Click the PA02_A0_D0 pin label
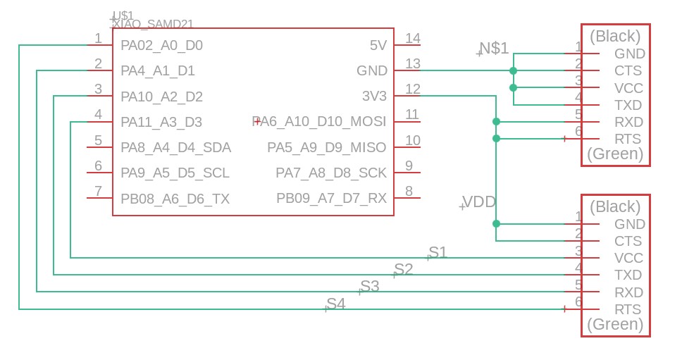point(161,46)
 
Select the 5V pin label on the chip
point(378,46)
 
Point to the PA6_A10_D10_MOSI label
point(320,122)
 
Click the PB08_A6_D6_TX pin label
point(175,199)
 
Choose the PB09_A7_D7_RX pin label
point(331,199)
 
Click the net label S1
point(438,252)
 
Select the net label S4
point(336,304)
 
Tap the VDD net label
point(479,202)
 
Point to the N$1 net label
point(494,49)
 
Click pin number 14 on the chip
point(413,38)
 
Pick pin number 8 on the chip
point(409,191)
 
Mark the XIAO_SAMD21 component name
point(153,23)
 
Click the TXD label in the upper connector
point(628,105)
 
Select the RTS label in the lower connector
point(628,310)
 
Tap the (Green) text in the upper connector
point(615,154)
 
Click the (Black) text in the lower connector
point(615,206)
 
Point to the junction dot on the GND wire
point(513,71)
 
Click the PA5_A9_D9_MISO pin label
point(326,148)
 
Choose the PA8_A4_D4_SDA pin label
point(175,148)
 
